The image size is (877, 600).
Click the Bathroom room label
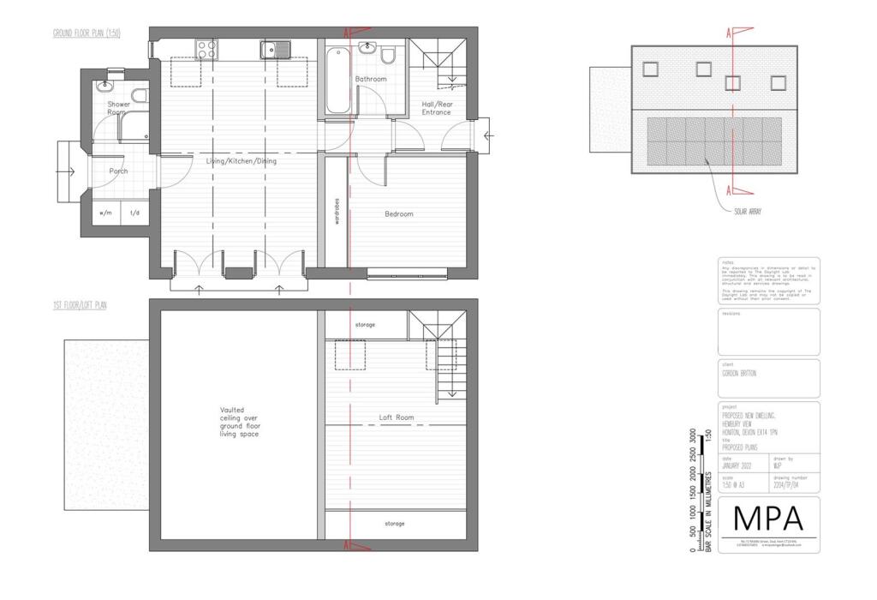[x=372, y=79]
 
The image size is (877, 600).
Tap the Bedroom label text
[x=398, y=214]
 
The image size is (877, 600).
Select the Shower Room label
[x=118, y=108]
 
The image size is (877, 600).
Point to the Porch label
[x=118, y=171]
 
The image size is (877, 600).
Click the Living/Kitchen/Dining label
[x=241, y=160]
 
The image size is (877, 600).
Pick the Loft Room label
[x=397, y=417]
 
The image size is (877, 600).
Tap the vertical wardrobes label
[x=337, y=212]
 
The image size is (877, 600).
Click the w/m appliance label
[x=106, y=213]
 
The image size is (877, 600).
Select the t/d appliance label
[x=134, y=213]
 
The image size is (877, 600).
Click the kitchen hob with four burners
[x=206, y=49]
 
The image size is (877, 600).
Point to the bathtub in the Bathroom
[x=337, y=81]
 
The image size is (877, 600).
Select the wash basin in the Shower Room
[x=105, y=86]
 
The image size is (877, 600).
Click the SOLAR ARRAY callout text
[x=748, y=210]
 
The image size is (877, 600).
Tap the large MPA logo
[x=768, y=519]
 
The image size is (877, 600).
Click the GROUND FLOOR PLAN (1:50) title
[x=87, y=33]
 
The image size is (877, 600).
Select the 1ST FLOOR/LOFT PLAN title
[x=80, y=304]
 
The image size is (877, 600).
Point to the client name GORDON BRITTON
[x=739, y=374]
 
